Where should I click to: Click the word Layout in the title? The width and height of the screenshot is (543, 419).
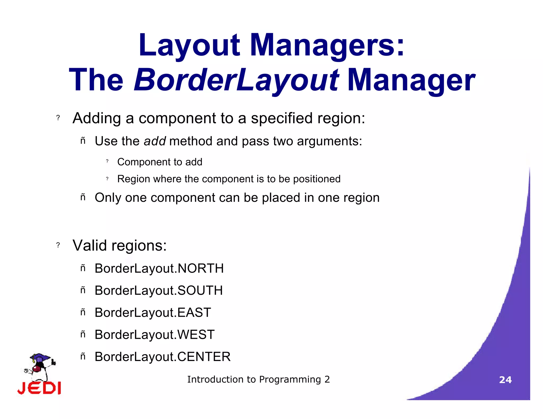click(x=189, y=46)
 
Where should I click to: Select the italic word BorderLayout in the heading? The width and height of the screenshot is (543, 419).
click(x=236, y=80)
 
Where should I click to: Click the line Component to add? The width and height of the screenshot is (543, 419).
click(x=160, y=162)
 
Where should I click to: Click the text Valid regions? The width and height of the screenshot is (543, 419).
click(x=120, y=246)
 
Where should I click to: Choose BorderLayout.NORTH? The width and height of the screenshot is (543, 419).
click(x=159, y=269)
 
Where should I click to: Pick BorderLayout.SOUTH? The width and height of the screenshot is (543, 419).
click(x=159, y=291)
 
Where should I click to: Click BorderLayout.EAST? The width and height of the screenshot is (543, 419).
click(x=153, y=313)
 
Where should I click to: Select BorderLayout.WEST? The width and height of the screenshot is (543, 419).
click(x=155, y=335)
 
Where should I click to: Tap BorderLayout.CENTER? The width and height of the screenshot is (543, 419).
click(x=163, y=357)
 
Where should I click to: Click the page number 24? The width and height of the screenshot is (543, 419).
click(x=505, y=380)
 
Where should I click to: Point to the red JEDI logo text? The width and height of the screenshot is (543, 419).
click(x=39, y=388)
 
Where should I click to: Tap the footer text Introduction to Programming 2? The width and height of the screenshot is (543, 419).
click(x=259, y=380)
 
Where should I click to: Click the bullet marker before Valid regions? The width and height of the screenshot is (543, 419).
click(x=58, y=245)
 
